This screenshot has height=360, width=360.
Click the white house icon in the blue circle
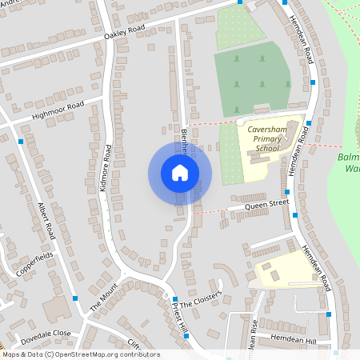[179, 173]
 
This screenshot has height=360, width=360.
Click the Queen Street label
[266, 205]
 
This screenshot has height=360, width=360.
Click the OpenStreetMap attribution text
[80, 354]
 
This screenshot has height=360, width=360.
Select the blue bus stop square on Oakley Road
[241, 2]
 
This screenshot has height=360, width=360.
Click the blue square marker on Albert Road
[20, 141]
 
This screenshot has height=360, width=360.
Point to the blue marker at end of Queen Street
[295, 214]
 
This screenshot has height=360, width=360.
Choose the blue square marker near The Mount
[75, 298]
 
